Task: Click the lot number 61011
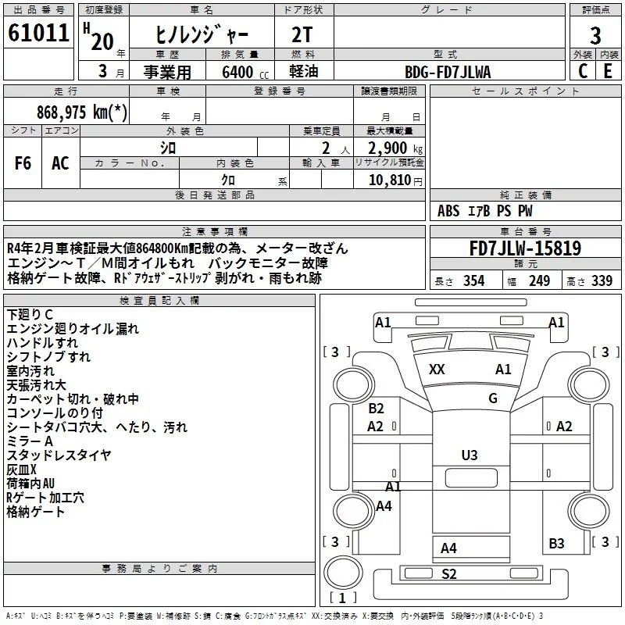click(x=38, y=33)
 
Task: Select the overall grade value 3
click(x=595, y=35)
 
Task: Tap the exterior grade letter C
click(x=583, y=71)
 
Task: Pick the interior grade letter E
click(x=608, y=71)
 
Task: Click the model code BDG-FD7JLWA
click(x=448, y=72)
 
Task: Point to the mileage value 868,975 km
click(x=82, y=112)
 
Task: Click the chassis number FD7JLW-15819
click(x=525, y=248)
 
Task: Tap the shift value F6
click(x=23, y=163)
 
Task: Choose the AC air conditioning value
click(x=60, y=163)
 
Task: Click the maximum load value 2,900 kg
click(x=395, y=148)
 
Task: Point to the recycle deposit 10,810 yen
click(x=395, y=180)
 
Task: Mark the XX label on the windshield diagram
click(x=437, y=369)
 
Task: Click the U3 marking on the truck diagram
click(x=470, y=455)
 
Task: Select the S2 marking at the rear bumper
click(x=448, y=574)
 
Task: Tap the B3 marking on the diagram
click(x=556, y=543)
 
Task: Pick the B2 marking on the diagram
click(x=376, y=408)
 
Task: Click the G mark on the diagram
click(x=493, y=398)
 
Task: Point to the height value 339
click(x=602, y=280)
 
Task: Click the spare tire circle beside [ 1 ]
click(x=343, y=572)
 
